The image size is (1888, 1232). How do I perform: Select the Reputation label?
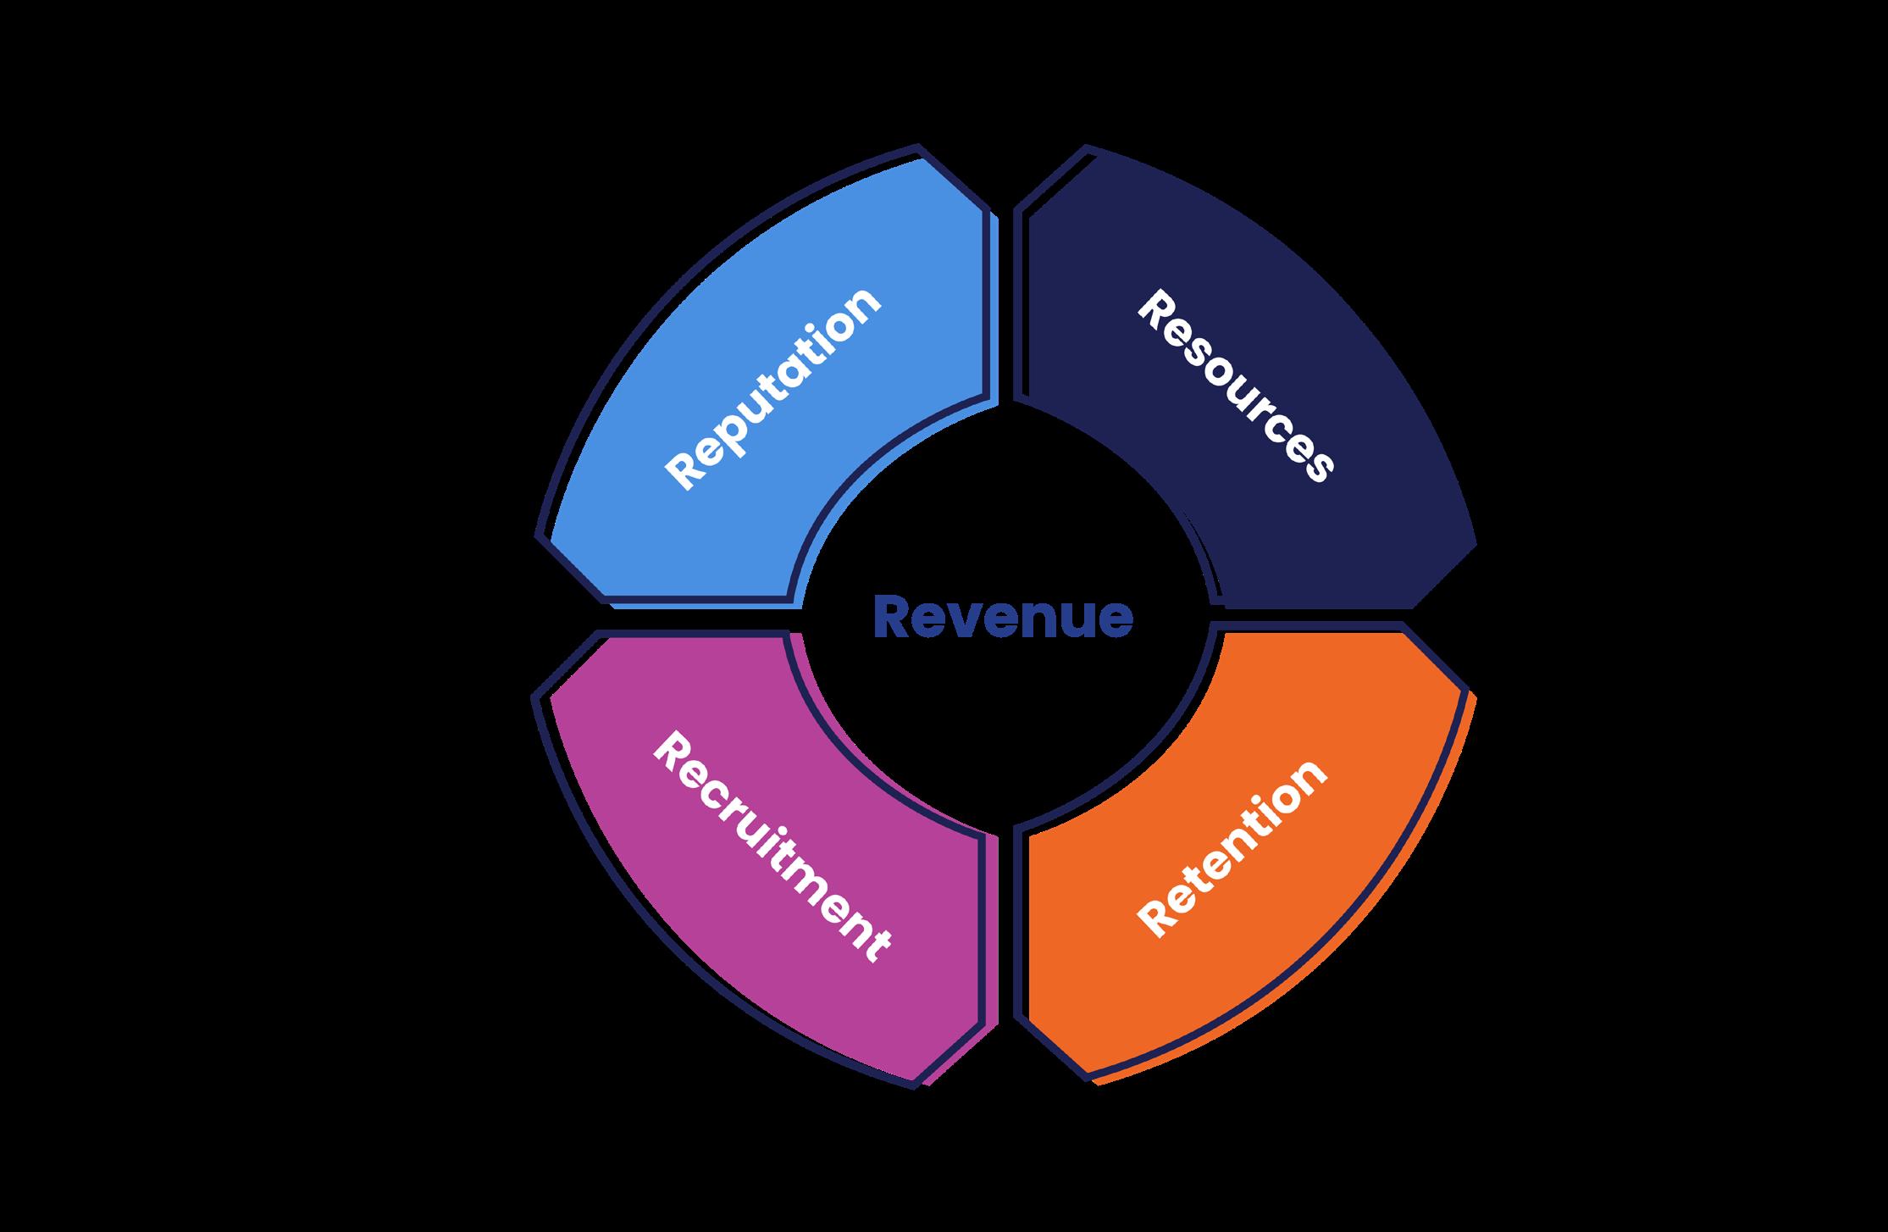(773, 389)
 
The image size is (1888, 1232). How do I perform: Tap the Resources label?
(1235, 387)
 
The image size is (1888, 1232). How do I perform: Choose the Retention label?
(1233, 848)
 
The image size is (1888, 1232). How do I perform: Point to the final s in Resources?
(1315, 466)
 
